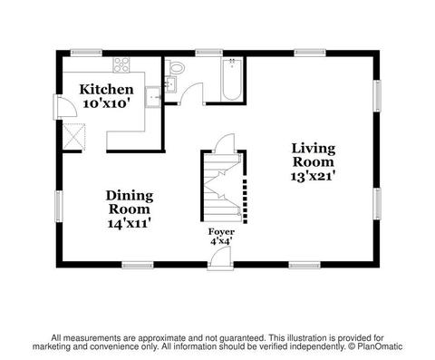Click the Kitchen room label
(x=106, y=90)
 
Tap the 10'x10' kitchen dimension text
(x=107, y=103)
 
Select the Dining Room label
(x=130, y=202)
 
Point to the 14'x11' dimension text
(x=130, y=224)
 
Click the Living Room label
(x=314, y=155)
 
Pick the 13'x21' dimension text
(x=314, y=176)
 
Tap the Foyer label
(x=221, y=232)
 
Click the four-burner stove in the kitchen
(x=121, y=65)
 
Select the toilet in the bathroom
(x=177, y=67)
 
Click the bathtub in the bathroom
(x=232, y=80)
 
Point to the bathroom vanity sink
(x=170, y=84)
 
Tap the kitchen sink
(x=153, y=97)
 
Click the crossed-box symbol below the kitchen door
(x=74, y=137)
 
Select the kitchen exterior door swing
(x=65, y=106)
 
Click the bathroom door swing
(x=191, y=93)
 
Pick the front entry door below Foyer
(x=220, y=258)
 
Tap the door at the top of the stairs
(x=225, y=142)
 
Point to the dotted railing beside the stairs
(x=245, y=201)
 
